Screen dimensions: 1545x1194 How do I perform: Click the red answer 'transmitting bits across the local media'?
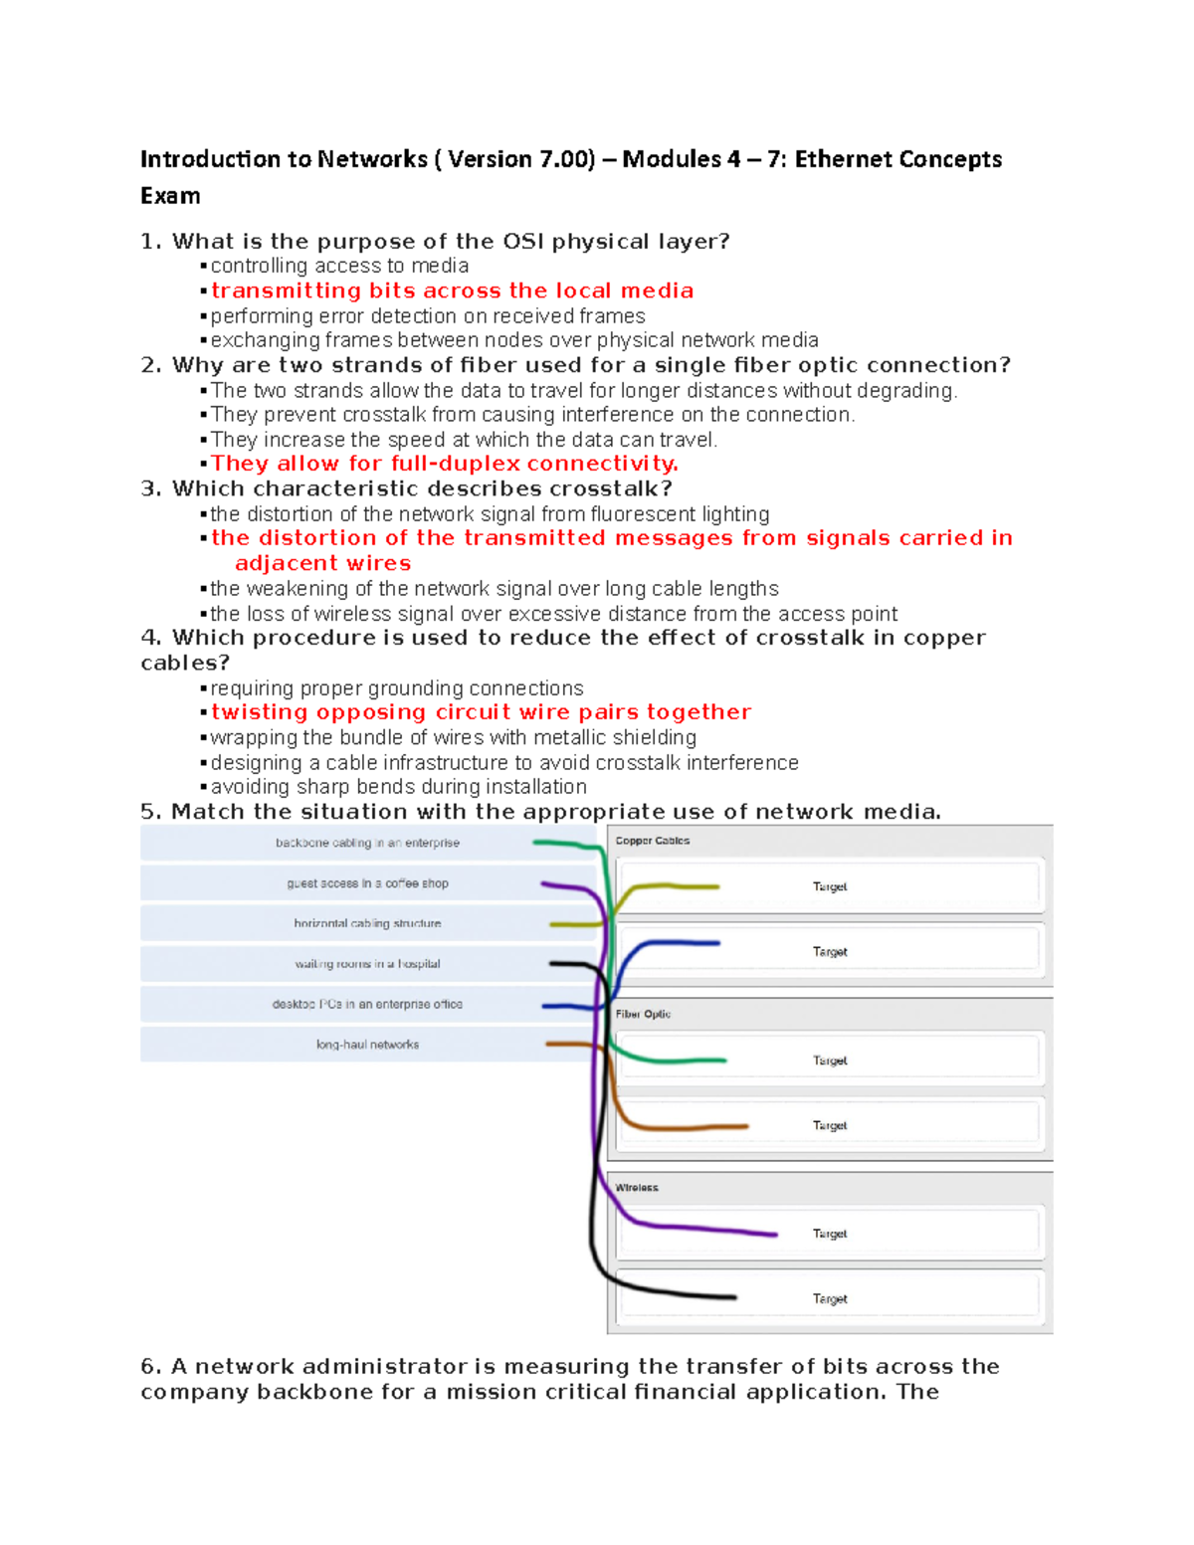452,290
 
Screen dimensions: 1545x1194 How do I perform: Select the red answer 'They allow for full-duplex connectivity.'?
445,464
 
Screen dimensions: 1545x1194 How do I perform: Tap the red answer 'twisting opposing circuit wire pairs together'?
481,712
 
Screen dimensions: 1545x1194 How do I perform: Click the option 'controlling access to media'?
339,266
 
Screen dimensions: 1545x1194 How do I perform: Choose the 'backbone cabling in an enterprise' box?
367,843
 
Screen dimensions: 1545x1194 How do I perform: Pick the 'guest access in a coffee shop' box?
367,883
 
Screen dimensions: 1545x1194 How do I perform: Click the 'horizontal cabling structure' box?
367,923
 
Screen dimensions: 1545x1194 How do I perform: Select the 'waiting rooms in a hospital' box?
367,964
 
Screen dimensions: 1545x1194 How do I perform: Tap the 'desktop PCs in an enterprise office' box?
367,1005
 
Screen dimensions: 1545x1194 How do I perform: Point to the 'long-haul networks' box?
367,1045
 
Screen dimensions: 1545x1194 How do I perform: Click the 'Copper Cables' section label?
652,841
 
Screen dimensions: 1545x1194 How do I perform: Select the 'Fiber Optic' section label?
643,1014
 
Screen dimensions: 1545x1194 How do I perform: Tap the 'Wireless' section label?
637,1188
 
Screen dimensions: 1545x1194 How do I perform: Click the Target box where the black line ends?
829,1298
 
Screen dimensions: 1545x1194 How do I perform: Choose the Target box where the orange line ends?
829,1125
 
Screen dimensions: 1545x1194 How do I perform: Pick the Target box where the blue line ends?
829,952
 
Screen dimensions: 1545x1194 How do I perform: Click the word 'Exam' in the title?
170,196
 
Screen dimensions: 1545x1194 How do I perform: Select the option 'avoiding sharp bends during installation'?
398,787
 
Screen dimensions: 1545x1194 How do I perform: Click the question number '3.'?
151,488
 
